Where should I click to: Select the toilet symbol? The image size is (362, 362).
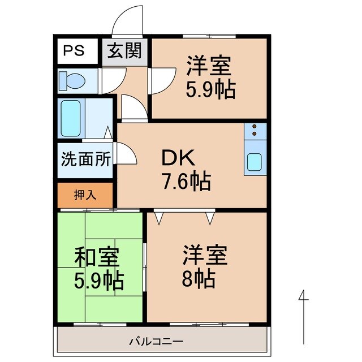(x=72, y=81)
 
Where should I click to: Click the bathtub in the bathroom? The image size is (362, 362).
(x=72, y=118)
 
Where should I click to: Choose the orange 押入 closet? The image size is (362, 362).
(x=85, y=195)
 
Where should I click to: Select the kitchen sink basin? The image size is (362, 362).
(x=253, y=163)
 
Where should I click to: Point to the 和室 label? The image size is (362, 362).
(x=97, y=258)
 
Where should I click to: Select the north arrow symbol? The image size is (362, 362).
(x=304, y=317)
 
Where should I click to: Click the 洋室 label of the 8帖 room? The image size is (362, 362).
(x=204, y=255)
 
